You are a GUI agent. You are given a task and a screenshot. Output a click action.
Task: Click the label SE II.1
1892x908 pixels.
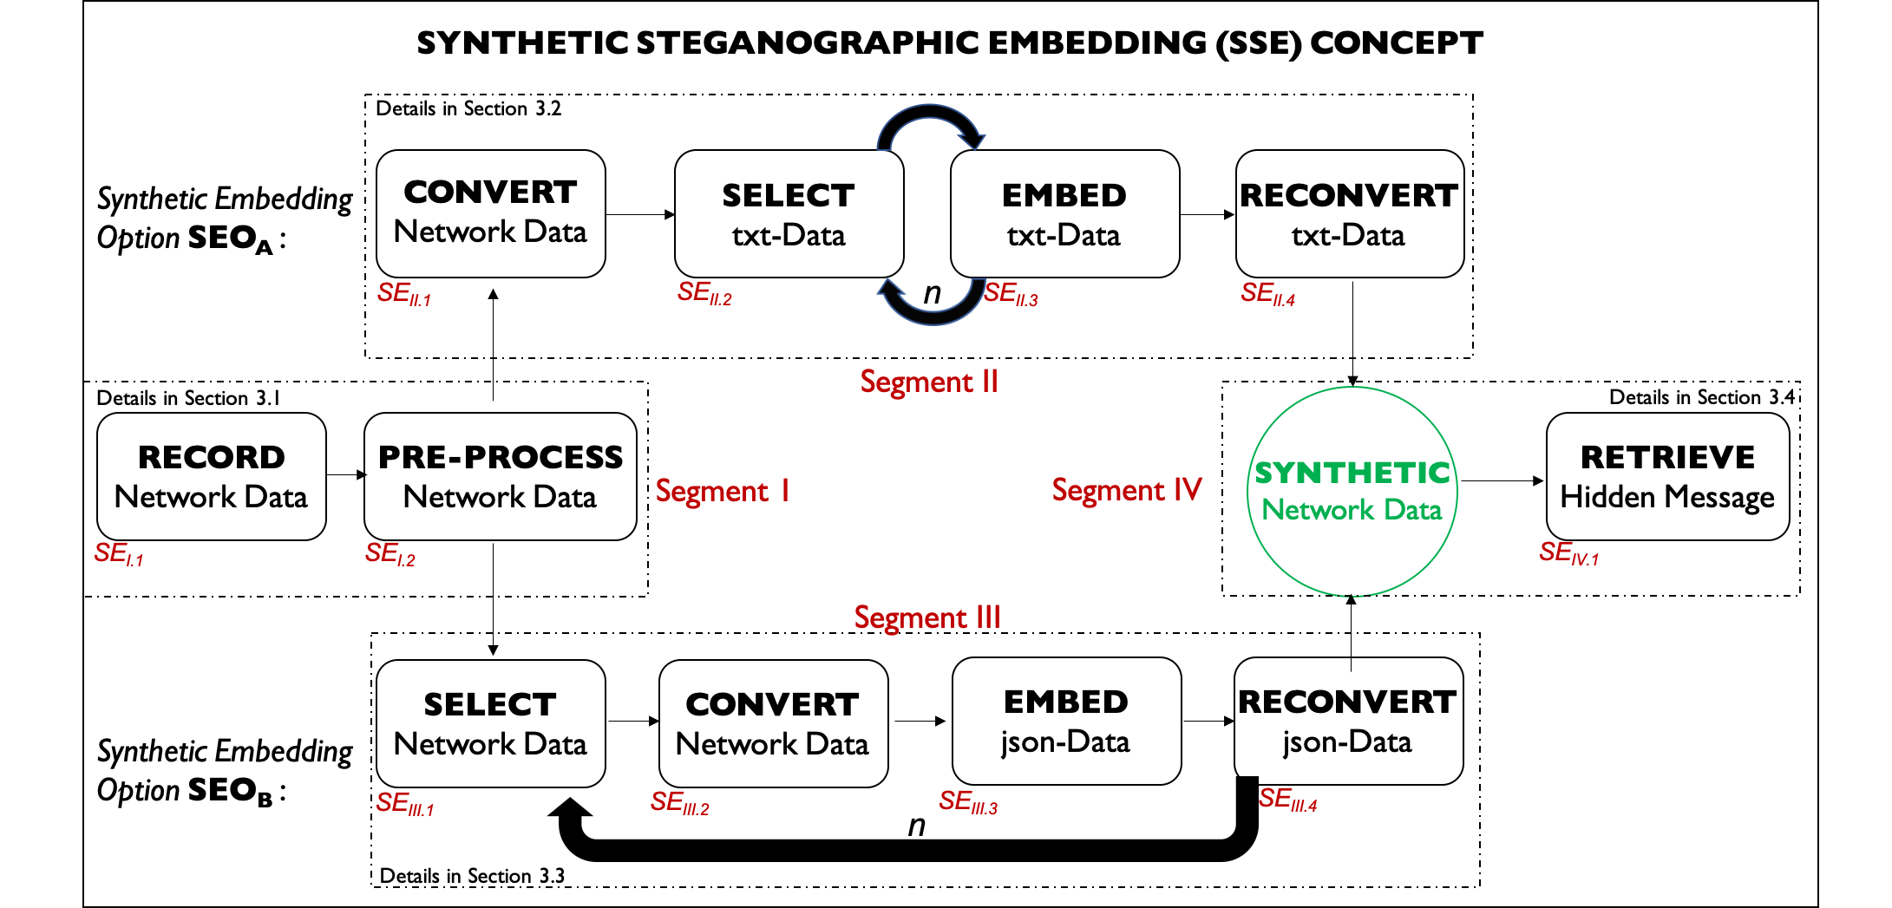click(x=403, y=294)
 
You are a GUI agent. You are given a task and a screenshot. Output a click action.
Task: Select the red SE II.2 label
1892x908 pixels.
click(x=704, y=293)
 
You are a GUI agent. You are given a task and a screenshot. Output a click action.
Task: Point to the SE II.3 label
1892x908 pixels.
click(x=1011, y=294)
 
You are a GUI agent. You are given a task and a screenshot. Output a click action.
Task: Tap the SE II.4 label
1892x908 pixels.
click(x=1267, y=294)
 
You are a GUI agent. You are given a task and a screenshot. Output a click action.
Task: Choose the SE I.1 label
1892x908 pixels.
click(x=119, y=553)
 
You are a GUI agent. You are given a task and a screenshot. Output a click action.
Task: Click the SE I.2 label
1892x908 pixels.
click(x=390, y=553)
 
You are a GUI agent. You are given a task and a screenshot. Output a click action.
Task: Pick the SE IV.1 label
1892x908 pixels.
click(x=1568, y=553)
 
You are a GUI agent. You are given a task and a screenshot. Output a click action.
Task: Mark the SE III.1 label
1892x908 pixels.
click(x=404, y=804)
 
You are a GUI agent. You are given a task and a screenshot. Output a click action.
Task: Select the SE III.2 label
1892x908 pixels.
click(x=679, y=803)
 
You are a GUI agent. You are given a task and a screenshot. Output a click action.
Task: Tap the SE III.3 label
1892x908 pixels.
click(x=968, y=802)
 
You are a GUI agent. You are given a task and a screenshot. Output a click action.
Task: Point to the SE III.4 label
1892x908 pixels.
click(x=1287, y=800)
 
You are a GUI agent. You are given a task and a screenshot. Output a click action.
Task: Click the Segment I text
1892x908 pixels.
click(x=723, y=492)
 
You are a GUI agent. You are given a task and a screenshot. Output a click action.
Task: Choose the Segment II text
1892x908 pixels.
click(x=929, y=382)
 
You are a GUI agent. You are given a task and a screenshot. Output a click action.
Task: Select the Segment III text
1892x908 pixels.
click(x=927, y=618)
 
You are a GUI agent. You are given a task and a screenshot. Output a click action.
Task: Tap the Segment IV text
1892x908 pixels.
click(x=1127, y=491)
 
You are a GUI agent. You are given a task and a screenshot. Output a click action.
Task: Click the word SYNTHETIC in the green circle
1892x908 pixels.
click(x=1352, y=474)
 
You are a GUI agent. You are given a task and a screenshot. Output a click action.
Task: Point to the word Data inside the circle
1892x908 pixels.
click(x=1413, y=510)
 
